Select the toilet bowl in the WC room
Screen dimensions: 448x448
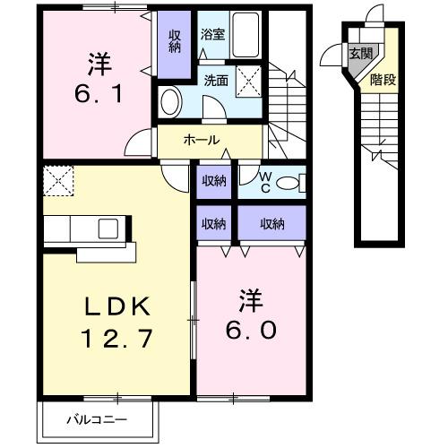(289, 184)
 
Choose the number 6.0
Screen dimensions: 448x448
(251, 329)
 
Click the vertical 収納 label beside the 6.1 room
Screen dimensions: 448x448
(175, 39)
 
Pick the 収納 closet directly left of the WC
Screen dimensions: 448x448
(213, 182)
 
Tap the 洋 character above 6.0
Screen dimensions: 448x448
(250, 296)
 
